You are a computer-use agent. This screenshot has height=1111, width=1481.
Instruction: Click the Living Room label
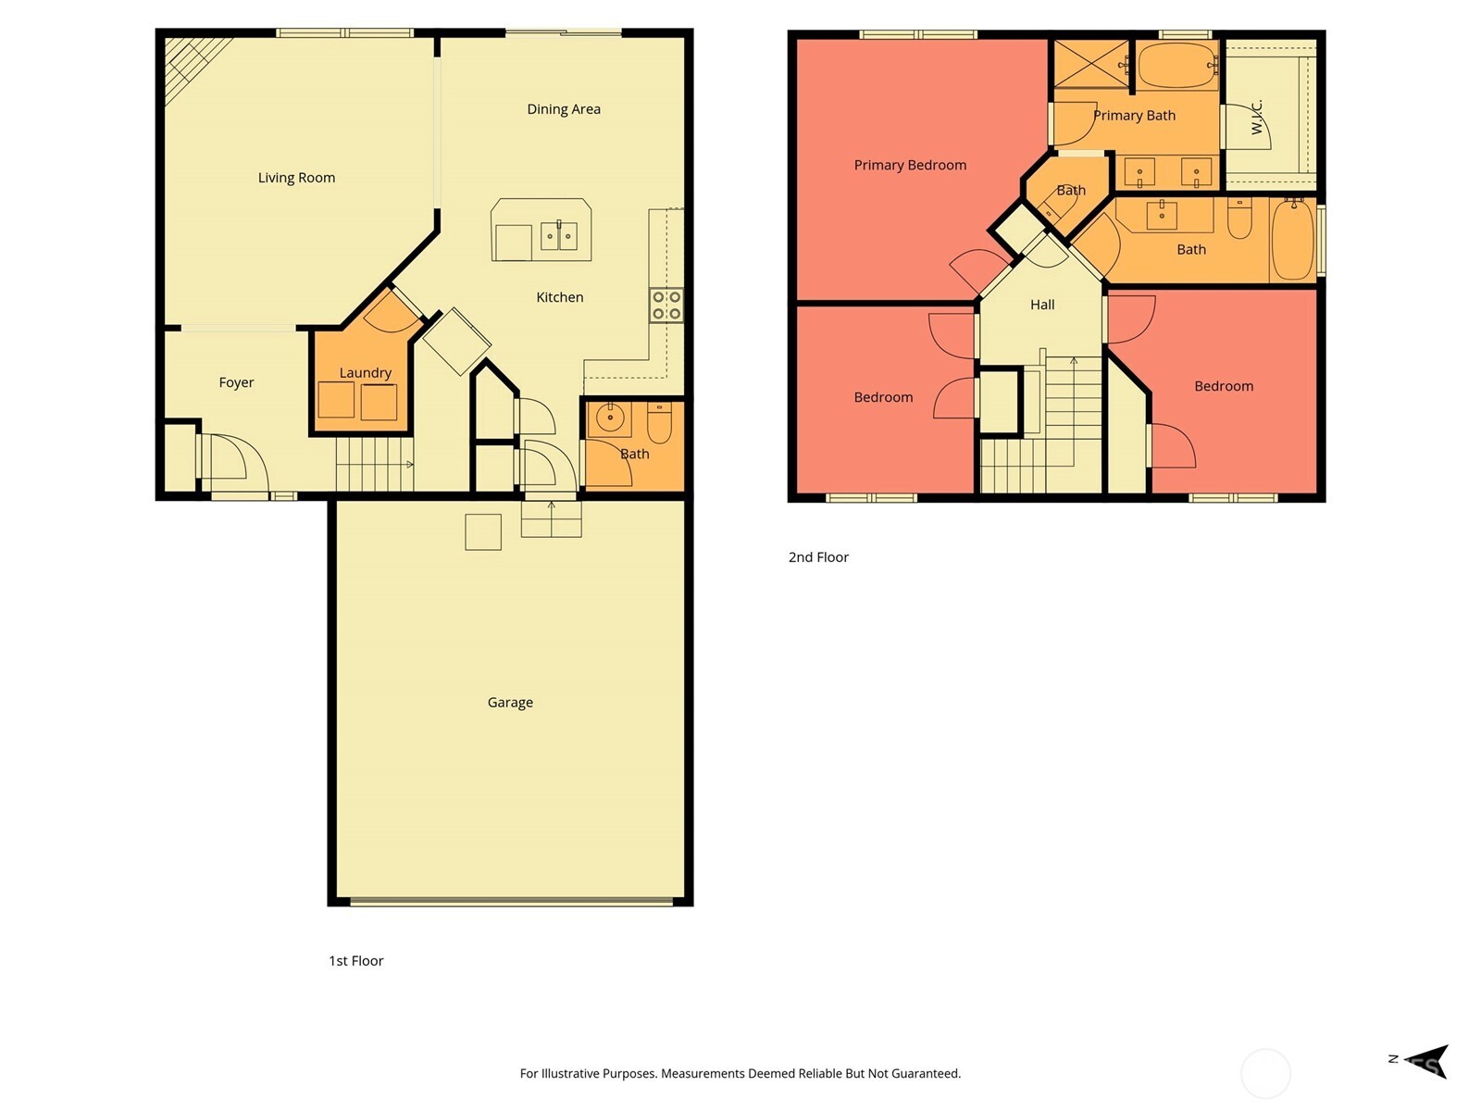[296, 178]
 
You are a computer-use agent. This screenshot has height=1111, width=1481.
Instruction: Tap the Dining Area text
[564, 109]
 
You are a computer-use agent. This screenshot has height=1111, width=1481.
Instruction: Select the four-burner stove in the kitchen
[666, 306]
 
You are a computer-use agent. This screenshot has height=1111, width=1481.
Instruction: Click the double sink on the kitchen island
[559, 236]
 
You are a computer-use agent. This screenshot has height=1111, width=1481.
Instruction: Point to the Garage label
[510, 703]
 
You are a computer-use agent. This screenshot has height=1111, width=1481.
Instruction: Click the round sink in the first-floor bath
[610, 418]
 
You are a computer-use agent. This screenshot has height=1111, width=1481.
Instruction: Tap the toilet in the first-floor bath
[659, 424]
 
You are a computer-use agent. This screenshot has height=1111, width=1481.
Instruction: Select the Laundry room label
[365, 373]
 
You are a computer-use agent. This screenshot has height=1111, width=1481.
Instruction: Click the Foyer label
[236, 382]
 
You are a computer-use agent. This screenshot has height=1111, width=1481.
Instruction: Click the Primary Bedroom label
[910, 165]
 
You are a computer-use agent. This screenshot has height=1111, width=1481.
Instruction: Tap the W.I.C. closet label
[1257, 118]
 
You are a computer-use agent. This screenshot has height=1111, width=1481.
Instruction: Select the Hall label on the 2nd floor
[1042, 305]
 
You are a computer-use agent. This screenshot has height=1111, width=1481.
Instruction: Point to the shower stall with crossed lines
[1091, 64]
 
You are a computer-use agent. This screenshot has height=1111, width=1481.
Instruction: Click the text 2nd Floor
[818, 557]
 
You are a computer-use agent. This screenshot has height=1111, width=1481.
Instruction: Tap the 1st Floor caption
[355, 961]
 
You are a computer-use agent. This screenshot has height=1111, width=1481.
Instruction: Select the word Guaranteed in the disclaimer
[925, 1074]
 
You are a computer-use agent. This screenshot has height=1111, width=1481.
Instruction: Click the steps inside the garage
[552, 518]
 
